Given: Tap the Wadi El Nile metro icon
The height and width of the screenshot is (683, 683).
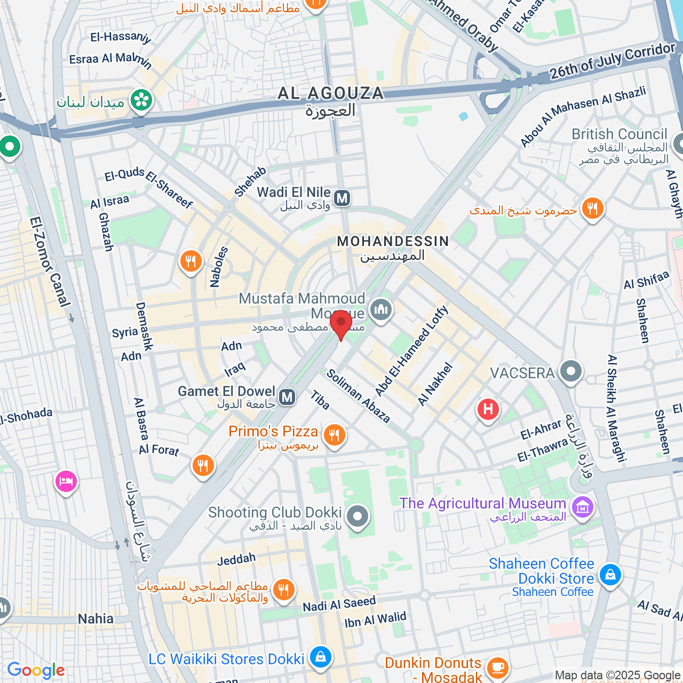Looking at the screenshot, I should pos(342,198).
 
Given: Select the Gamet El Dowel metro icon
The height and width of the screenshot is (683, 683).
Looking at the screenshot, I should pos(287,397).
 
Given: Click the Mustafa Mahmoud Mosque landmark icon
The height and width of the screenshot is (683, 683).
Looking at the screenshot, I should pos(381,309).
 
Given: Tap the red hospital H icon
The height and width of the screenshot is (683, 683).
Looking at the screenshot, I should pos(488,410).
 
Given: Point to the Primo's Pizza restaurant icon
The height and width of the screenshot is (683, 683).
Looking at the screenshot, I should pos(334,435).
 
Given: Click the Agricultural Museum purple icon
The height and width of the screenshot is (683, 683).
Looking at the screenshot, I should pos(582,507).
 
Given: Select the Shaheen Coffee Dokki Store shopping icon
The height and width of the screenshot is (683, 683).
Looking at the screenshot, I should pos(610,575).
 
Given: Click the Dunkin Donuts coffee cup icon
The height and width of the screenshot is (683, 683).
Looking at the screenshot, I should pos(497,667).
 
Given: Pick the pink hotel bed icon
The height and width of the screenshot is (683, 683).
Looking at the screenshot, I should pos(66,481).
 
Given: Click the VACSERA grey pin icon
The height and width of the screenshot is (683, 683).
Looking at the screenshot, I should pos(570,371).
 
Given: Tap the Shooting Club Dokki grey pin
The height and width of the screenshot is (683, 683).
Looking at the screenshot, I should pos(358,517).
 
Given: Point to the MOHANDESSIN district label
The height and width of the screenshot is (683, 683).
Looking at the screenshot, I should pos(393,242).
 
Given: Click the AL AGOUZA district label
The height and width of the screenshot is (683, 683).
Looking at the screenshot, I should pos(331,93).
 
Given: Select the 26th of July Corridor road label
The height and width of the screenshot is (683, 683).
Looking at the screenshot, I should pos(612,61).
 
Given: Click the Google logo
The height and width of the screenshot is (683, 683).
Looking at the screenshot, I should pos(36,670).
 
